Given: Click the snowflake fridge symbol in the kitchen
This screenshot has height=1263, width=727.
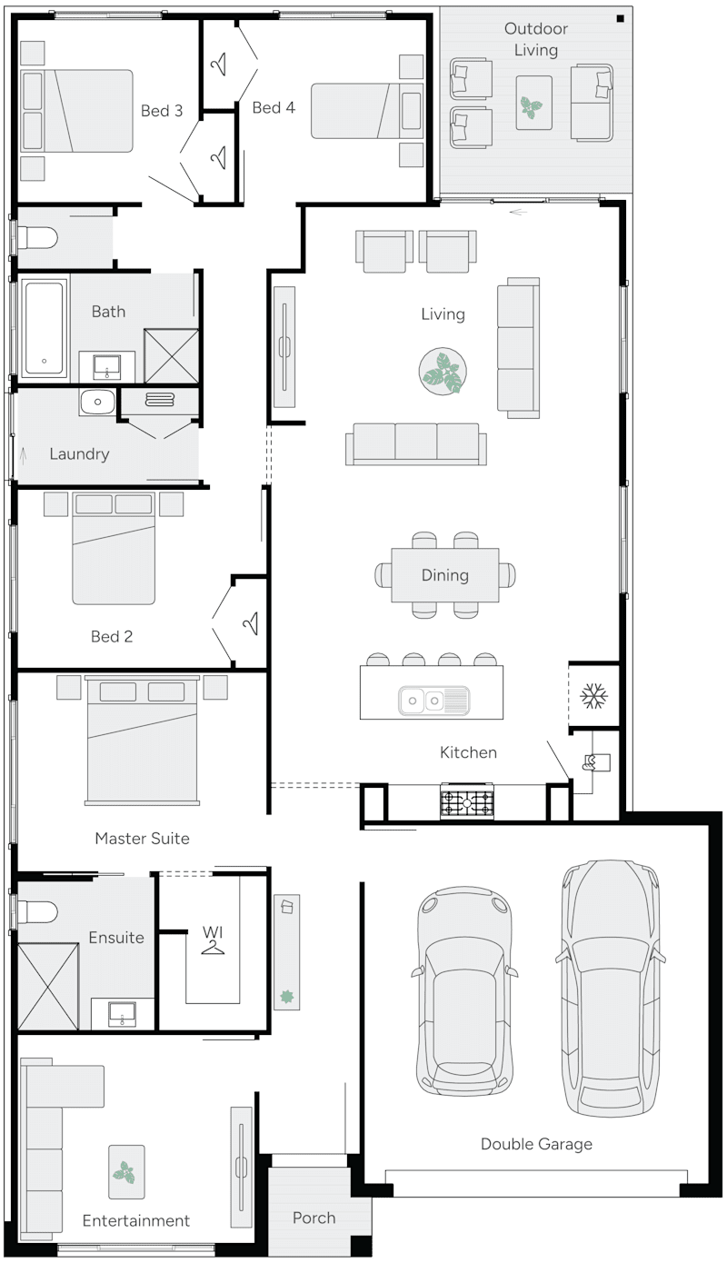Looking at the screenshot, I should (593, 697).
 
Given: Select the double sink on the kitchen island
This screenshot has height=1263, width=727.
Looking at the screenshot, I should (433, 701).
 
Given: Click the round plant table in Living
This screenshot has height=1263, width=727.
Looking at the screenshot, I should (443, 373).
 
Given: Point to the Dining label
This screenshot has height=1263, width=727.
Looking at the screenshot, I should (444, 575).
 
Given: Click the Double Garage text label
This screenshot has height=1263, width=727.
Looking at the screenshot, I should (536, 1144).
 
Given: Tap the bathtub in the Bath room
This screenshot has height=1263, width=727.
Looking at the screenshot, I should (44, 328).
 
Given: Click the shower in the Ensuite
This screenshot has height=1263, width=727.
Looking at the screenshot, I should (48, 984).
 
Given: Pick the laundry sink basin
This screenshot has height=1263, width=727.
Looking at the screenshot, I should (96, 403).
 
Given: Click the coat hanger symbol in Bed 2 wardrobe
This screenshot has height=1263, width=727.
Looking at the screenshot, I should (250, 623).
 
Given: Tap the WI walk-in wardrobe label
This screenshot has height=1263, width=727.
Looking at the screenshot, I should (213, 933).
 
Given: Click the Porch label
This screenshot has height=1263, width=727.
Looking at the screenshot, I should (314, 1218).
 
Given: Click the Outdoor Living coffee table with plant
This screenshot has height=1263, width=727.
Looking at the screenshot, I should (533, 100).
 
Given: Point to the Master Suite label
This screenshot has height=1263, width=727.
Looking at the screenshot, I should (142, 838).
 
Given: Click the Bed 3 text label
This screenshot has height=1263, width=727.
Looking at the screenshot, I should (162, 111).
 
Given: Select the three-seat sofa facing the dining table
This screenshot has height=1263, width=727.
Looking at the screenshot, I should (415, 443).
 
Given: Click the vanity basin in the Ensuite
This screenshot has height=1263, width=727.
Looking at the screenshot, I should (122, 1012).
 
